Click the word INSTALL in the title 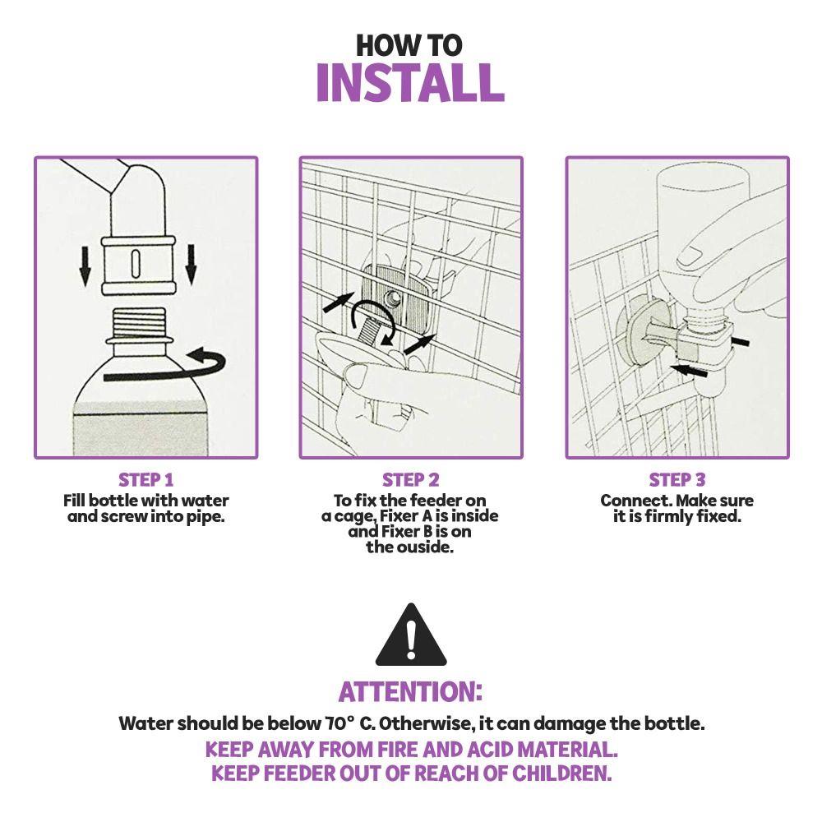click(x=410, y=83)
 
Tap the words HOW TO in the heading click(x=409, y=45)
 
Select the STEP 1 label click(x=145, y=480)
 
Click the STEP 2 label click(x=410, y=480)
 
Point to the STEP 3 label click(x=677, y=480)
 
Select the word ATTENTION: click(x=410, y=691)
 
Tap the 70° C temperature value click(x=349, y=723)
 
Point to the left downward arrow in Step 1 click(x=85, y=265)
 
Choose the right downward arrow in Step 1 click(x=191, y=265)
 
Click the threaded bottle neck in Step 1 click(x=139, y=322)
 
